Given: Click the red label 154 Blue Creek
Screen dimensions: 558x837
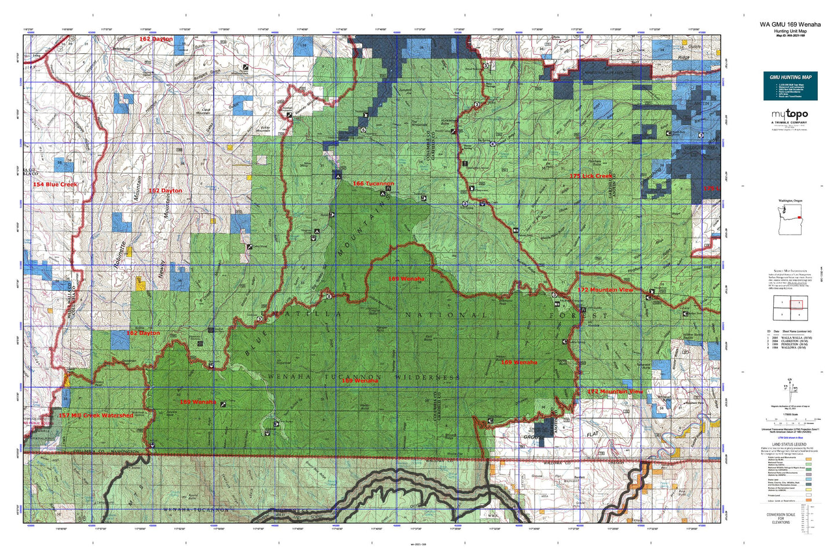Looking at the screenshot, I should coord(55,184).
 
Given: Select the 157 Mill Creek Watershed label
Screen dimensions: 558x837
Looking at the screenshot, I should coord(96,415).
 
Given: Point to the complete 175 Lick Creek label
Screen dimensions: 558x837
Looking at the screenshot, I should coord(590,176).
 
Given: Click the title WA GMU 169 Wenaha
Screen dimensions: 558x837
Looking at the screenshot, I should coord(790,25).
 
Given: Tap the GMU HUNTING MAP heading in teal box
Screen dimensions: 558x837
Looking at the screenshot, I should coord(790,77).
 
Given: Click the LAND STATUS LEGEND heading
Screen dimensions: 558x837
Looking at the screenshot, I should coord(790,444).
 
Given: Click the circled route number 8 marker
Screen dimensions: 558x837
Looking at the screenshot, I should coord(329,297).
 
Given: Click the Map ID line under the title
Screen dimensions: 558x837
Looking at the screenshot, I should coord(790,35).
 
